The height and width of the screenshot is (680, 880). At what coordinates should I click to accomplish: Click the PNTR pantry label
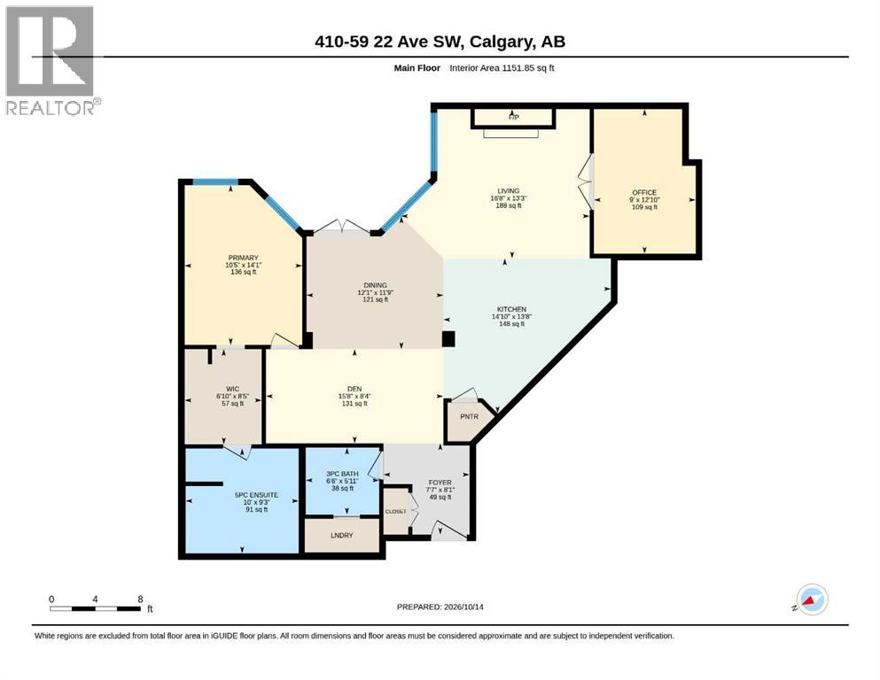click(x=469, y=416)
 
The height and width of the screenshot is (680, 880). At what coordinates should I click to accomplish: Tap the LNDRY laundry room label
click(x=342, y=536)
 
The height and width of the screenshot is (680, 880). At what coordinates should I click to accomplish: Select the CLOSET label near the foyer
click(x=395, y=511)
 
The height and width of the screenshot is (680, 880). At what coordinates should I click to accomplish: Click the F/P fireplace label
click(x=513, y=117)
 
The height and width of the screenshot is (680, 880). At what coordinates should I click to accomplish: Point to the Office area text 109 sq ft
click(x=644, y=207)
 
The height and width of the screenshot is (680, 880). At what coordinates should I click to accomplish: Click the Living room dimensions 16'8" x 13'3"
click(x=509, y=197)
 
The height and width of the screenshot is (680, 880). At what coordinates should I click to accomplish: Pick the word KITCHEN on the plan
click(x=512, y=309)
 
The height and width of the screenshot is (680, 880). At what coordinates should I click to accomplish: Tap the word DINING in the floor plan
click(x=375, y=285)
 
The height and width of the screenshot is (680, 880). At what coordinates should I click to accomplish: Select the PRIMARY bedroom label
click(x=243, y=258)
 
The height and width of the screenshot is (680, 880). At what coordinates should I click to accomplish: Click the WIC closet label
click(x=233, y=389)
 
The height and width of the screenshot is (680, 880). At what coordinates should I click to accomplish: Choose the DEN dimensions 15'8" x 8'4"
click(x=354, y=396)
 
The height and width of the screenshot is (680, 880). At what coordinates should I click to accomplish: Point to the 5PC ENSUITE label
click(x=256, y=495)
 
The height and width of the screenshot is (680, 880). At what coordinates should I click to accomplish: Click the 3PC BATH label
click(x=342, y=474)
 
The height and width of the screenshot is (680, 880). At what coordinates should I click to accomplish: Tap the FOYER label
click(x=440, y=483)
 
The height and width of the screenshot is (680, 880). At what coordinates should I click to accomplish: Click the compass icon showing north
click(x=812, y=599)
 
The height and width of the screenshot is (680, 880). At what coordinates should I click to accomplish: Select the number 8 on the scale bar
click(x=140, y=599)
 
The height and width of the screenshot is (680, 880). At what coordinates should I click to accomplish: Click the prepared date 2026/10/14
click(x=463, y=607)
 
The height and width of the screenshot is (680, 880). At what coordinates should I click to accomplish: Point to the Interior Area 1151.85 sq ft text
click(x=502, y=68)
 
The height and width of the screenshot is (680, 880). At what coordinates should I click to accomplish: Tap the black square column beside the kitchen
click(x=448, y=339)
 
